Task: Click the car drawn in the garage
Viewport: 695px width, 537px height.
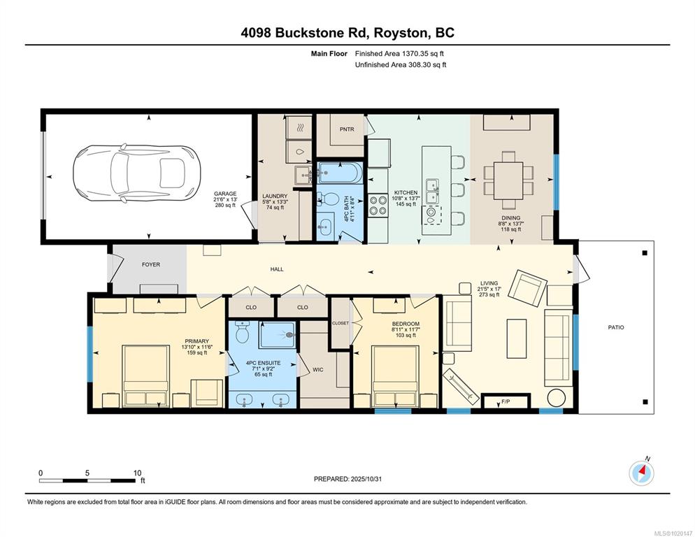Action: point(136,173)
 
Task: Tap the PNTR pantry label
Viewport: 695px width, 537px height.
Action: point(347,129)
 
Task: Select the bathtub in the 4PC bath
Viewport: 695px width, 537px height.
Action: point(341,173)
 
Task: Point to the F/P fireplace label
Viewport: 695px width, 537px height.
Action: point(506,402)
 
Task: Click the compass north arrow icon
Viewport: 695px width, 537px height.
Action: point(641,473)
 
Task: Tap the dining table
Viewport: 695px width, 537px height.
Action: point(508,180)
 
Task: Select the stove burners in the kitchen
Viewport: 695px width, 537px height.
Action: point(378,206)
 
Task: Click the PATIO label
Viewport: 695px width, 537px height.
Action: point(616,327)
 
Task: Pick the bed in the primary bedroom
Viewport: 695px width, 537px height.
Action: point(146,375)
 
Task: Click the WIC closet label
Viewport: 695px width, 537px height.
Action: point(318,369)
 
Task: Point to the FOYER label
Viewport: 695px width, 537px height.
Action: point(151,264)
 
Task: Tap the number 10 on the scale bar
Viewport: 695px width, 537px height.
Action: point(138,473)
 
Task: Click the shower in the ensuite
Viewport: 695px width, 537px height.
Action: point(277,335)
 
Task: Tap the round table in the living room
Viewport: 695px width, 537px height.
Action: point(556,397)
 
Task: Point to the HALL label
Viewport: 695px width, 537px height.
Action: point(277,269)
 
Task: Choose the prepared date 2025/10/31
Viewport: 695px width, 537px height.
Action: point(366,479)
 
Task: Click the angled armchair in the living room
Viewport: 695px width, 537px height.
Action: point(527,288)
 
